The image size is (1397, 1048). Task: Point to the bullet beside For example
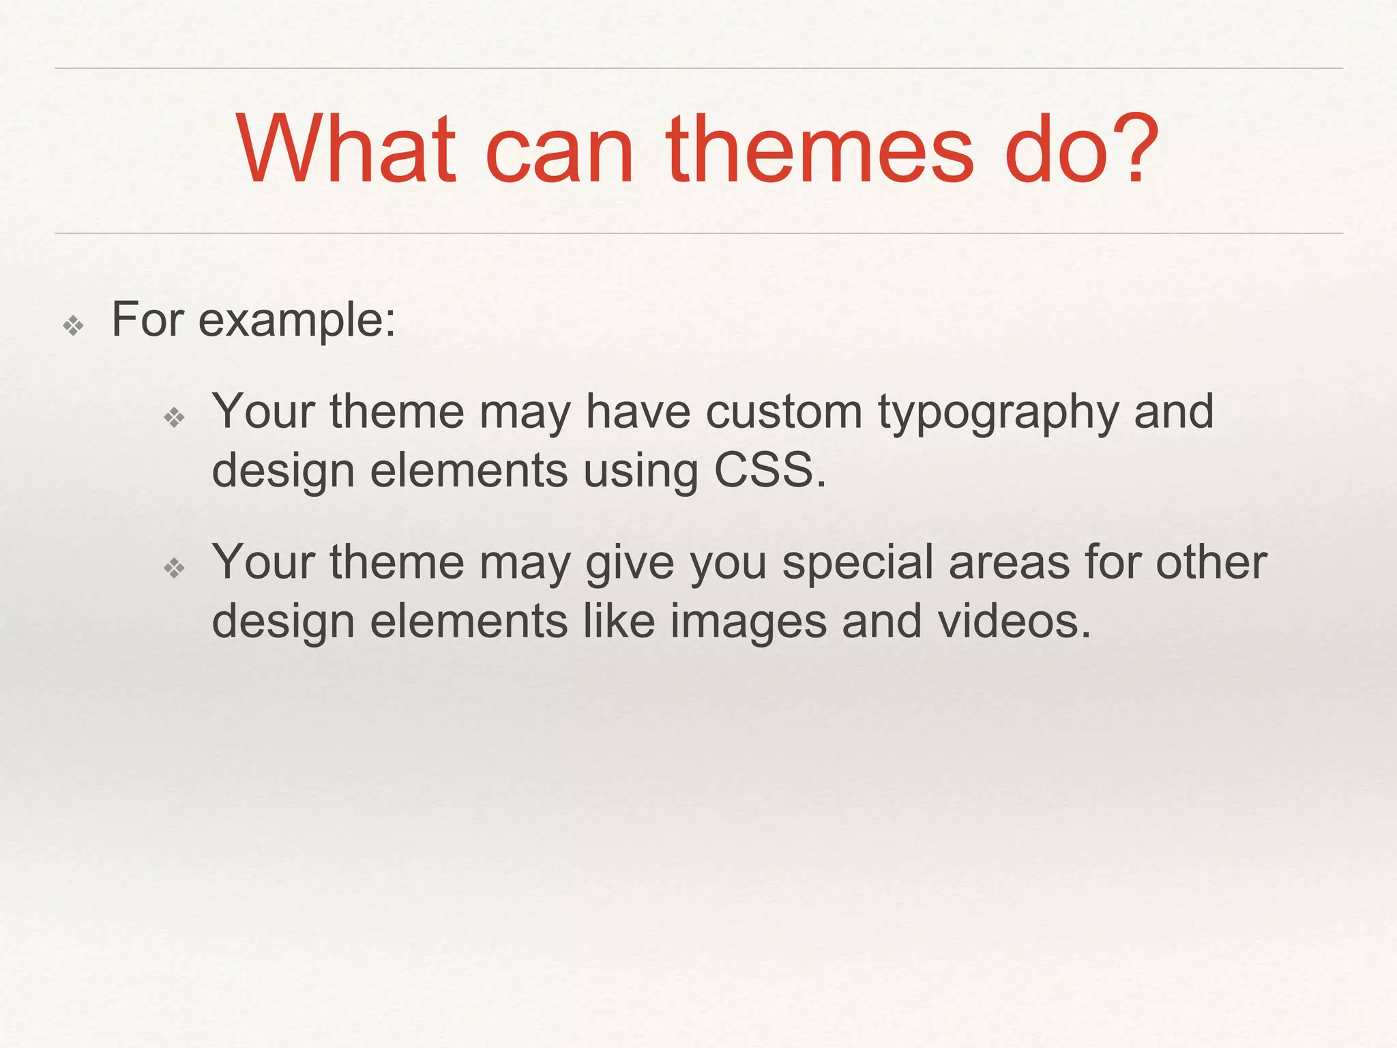coord(73,325)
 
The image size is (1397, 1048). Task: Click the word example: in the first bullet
coord(297,321)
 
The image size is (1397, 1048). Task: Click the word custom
coord(784,412)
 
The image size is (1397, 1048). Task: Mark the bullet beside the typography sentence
coord(175,417)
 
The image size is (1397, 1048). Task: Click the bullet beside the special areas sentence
coord(175,567)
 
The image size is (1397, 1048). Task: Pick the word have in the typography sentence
coord(638,412)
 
